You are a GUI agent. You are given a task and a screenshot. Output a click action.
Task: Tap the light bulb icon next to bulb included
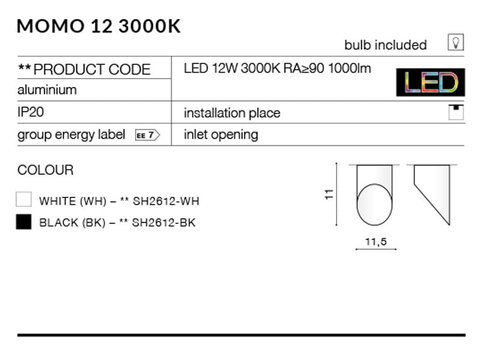coord(456,43)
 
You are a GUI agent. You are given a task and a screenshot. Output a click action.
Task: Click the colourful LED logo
coord(430,83)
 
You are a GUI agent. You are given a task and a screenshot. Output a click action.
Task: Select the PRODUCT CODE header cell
coord(85,69)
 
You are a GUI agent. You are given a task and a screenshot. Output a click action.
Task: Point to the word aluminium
coord(47,89)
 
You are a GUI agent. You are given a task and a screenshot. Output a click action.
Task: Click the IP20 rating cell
coord(31,112)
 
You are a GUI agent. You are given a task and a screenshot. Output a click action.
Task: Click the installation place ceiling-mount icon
coord(456,112)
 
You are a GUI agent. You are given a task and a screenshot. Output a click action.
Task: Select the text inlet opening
coord(221,134)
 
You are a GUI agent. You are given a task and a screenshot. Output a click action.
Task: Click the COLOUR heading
coord(46,170)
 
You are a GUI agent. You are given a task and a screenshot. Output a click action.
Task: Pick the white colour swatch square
coord(24,200)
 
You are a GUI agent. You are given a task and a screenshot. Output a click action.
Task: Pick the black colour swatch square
coord(24,222)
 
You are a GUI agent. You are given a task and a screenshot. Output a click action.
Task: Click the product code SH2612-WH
coord(166,201)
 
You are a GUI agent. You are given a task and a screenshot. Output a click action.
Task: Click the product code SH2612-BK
coord(164,223)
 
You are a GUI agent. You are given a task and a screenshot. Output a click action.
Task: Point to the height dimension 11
coord(328,194)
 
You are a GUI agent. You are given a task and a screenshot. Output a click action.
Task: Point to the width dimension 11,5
coord(376,241)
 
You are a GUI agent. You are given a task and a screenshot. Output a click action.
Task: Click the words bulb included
coord(385,45)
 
